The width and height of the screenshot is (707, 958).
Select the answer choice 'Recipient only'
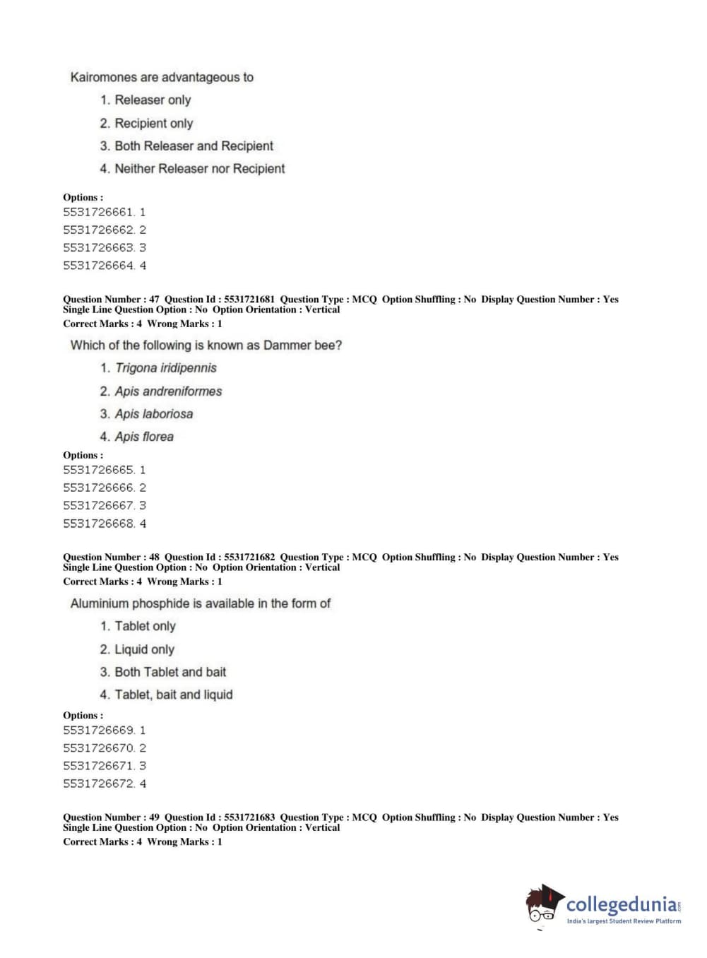point(153,123)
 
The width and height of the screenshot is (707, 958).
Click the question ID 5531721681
point(249,300)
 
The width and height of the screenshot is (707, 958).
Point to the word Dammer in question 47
point(286,345)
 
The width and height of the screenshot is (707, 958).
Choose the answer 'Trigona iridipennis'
point(165,368)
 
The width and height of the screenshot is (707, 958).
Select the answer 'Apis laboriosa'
point(153,414)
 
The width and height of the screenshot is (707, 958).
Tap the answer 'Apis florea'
point(144,437)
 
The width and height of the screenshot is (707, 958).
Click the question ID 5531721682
point(249,557)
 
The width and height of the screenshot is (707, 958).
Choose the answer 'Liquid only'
point(144,649)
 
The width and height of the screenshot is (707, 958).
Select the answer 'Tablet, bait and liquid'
point(173,695)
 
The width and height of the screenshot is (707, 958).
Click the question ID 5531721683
point(249,817)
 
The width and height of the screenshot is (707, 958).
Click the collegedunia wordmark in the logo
point(622,904)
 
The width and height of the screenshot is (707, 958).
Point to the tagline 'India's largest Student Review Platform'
point(624,921)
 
